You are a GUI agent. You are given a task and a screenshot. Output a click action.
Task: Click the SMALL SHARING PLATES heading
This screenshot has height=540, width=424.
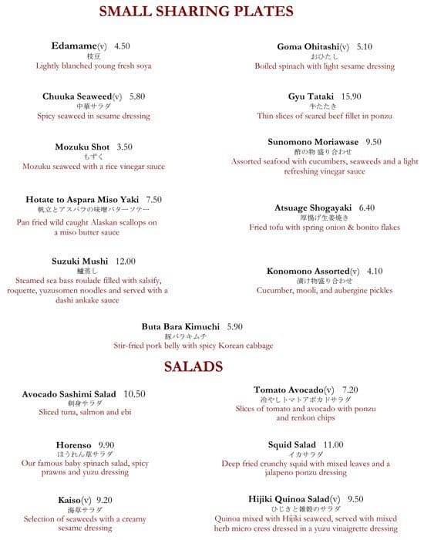click(196, 12)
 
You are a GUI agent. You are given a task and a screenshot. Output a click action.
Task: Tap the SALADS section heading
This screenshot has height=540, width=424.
click(193, 367)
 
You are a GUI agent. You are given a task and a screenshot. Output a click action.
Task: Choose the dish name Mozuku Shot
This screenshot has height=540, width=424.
click(82, 147)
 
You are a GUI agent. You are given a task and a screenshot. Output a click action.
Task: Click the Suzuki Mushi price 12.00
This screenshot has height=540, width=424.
click(125, 262)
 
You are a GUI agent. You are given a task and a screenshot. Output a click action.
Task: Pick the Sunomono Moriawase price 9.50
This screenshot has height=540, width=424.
click(373, 142)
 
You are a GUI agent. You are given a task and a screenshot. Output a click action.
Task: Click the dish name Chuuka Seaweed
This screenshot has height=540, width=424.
click(78, 96)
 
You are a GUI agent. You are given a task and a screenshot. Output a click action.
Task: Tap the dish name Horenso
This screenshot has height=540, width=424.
click(74, 445)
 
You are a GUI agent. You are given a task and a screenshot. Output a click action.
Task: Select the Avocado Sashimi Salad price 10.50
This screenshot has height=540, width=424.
click(134, 394)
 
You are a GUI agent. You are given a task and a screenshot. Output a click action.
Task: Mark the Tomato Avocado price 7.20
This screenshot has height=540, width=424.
click(350, 390)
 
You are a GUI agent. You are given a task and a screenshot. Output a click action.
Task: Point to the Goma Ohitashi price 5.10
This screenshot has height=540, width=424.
click(365, 47)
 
